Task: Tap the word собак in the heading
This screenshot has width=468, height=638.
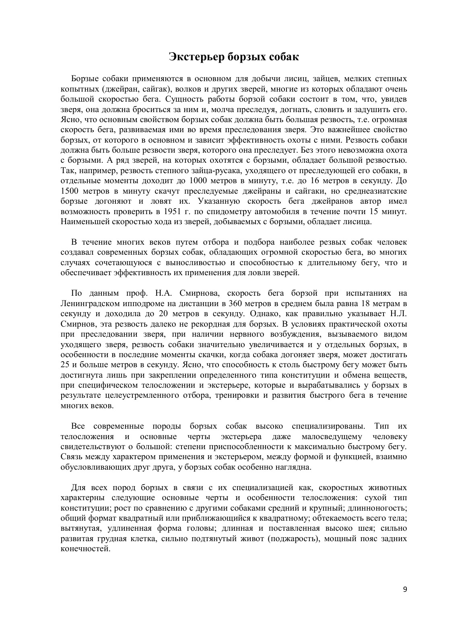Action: click(282, 56)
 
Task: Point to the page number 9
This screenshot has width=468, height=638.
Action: click(405, 589)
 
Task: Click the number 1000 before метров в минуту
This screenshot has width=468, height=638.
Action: click(198, 180)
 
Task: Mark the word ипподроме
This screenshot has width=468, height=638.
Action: click(137, 303)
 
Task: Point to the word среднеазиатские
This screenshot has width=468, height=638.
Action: click(376, 191)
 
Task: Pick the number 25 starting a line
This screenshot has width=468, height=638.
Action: click(65, 365)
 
